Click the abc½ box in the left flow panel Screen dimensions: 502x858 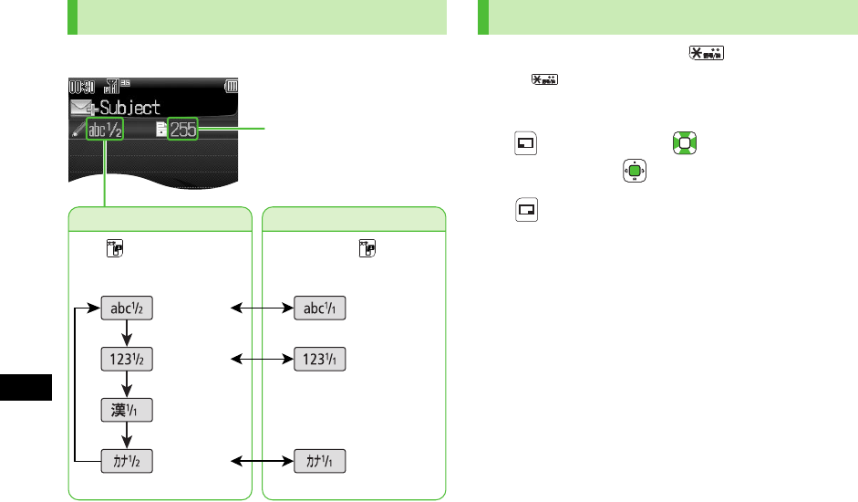coord(127,309)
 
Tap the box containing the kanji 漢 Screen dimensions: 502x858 coord(127,411)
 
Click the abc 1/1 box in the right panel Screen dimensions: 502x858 coord(320,309)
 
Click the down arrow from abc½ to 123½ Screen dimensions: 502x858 coord(127,334)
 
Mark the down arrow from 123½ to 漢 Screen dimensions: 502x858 coord(127,385)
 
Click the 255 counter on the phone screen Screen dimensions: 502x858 coord(182,130)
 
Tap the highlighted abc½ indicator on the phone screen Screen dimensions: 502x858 coord(104,130)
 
